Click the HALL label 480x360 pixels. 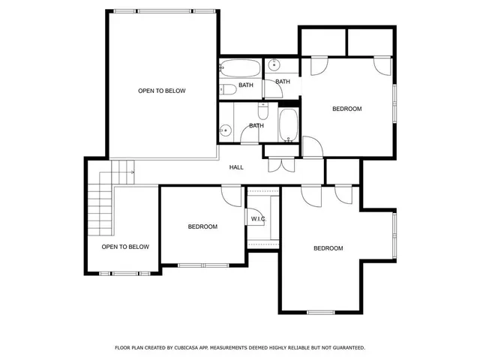click(x=236, y=167)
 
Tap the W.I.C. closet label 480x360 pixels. click(x=258, y=218)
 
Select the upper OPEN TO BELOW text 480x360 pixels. click(x=161, y=91)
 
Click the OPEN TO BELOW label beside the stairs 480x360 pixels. click(x=125, y=247)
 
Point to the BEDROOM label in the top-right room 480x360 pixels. click(x=346, y=109)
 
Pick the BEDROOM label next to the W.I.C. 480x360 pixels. click(x=202, y=226)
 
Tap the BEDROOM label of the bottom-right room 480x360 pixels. click(x=328, y=248)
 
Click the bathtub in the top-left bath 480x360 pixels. click(x=240, y=69)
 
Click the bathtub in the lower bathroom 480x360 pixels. click(x=289, y=125)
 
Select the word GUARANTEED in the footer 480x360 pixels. click(x=346, y=348)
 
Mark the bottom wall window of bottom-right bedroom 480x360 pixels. click(x=320, y=312)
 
